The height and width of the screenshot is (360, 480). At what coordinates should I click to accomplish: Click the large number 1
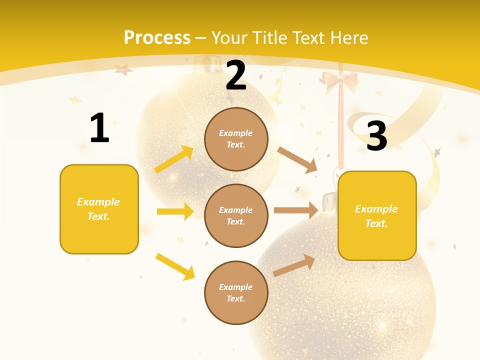point(99,128)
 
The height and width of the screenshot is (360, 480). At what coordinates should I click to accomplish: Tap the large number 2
point(236,75)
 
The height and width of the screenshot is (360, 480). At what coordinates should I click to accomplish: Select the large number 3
point(377,136)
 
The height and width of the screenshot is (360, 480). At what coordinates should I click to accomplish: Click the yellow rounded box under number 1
point(99,209)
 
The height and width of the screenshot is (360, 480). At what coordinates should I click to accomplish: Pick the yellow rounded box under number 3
point(377,215)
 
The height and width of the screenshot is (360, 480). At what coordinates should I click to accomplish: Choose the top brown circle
point(236,139)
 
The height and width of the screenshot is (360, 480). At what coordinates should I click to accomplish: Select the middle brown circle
point(236,215)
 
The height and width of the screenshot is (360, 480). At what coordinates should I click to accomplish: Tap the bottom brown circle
point(236,292)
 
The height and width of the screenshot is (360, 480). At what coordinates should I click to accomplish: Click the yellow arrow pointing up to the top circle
point(173,159)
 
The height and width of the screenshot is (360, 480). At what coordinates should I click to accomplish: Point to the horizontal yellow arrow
point(175,211)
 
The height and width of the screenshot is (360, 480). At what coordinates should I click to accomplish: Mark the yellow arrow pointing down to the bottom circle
point(175,266)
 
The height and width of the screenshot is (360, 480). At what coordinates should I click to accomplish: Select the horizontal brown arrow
point(296,210)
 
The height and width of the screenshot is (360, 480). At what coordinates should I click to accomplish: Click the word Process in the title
point(157,37)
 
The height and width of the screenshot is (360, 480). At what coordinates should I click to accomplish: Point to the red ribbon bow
point(339,81)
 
